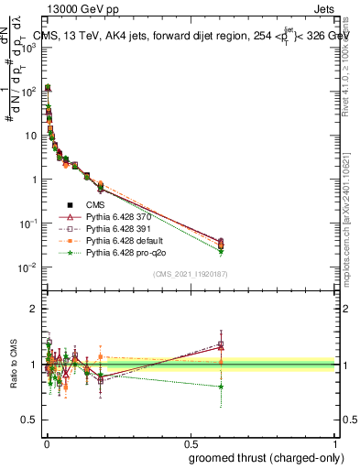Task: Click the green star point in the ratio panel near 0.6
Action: tap(221, 387)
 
